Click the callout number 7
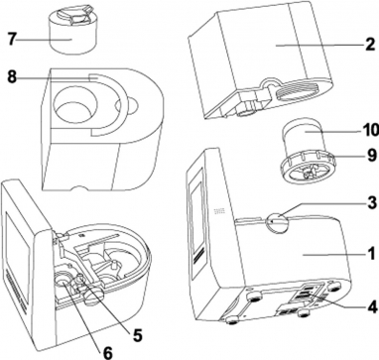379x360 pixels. [x=12, y=40]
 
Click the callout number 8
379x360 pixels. [x=12, y=77]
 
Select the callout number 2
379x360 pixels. [x=370, y=46]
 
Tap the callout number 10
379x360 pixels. [x=369, y=131]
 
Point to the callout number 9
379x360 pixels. [x=372, y=155]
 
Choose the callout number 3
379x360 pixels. [x=372, y=202]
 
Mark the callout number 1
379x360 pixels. [x=372, y=255]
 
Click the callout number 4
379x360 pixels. [x=372, y=307]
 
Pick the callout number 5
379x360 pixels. [x=137, y=336]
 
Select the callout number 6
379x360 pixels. [x=108, y=352]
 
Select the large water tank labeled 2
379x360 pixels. [x=260, y=61]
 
